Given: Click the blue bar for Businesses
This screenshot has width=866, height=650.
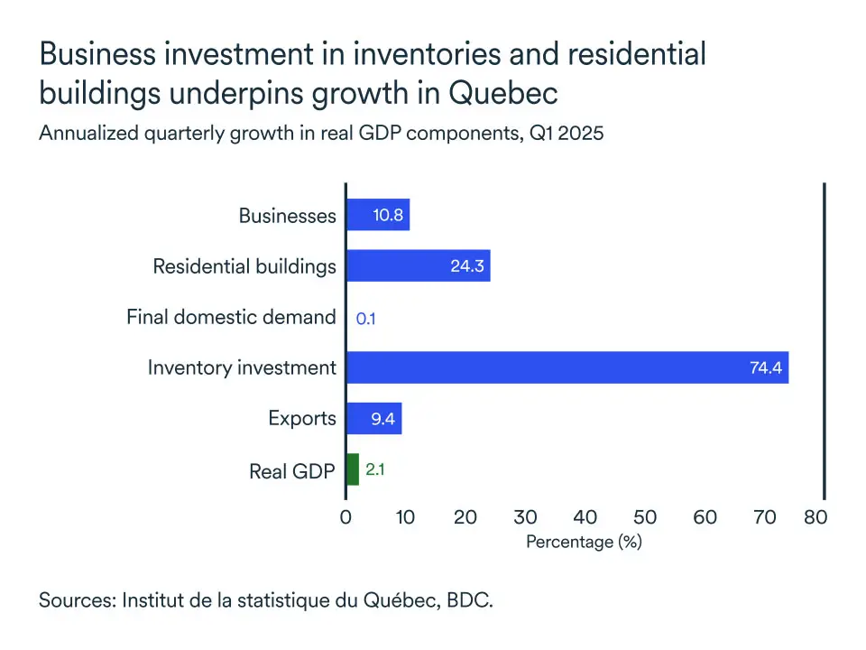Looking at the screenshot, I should click(x=378, y=216).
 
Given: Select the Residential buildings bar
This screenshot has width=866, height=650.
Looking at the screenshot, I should click(x=419, y=266).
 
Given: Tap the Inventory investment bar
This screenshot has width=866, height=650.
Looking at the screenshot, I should click(x=567, y=367).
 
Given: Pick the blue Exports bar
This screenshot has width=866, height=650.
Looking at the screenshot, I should click(x=373, y=419).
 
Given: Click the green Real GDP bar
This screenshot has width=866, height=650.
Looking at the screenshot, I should click(x=353, y=469).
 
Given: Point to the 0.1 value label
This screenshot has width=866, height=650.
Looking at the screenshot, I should click(x=366, y=318).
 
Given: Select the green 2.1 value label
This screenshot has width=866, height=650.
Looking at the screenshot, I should click(x=375, y=469).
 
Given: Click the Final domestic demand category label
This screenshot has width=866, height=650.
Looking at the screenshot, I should click(x=231, y=317).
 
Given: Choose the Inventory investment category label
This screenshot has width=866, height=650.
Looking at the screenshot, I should click(x=242, y=367).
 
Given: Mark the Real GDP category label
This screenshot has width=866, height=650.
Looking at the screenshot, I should click(x=292, y=470).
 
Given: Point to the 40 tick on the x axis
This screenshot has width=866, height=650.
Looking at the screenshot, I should click(x=585, y=517).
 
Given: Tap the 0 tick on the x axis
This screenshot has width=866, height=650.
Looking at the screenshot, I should click(x=346, y=517).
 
